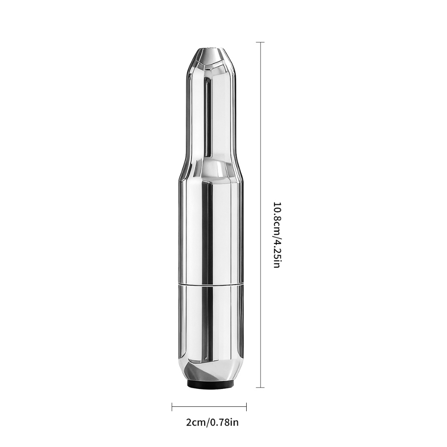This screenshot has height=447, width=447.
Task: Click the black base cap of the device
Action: [211, 384]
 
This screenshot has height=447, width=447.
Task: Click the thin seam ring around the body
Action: [211, 284]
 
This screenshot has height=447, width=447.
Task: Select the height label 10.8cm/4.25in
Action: [278, 235]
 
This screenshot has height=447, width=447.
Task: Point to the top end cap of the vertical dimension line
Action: [260, 42]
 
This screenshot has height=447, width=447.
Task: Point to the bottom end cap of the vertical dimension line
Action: [260, 388]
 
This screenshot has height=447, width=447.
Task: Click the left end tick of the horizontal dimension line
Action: [172, 407]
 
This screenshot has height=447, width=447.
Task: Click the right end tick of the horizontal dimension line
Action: [246, 407]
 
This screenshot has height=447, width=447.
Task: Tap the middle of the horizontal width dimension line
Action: [209, 407]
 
